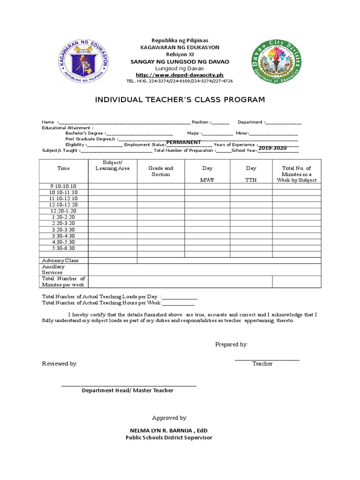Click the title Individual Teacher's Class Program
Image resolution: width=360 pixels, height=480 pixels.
pyautogui.click(x=180, y=99)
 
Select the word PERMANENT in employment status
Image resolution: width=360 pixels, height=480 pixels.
pyautogui.click(x=184, y=142)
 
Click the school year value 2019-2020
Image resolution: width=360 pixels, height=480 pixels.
pyautogui.click(x=272, y=148)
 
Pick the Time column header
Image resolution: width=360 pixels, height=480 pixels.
pyautogui.click(x=63, y=168)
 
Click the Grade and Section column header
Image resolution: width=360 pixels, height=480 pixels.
pyautogui.click(x=161, y=171)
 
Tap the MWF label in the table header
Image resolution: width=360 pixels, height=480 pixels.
pyautogui.click(x=207, y=180)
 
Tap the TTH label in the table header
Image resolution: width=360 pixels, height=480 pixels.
pyautogui.click(x=251, y=180)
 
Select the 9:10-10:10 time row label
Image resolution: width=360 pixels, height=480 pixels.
pyautogui.click(x=63, y=186)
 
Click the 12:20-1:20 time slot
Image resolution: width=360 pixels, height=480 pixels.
pyautogui.click(x=63, y=211)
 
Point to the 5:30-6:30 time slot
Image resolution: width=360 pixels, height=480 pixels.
pyautogui.click(x=63, y=248)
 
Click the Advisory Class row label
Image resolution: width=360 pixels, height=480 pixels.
pyautogui.click(x=60, y=260)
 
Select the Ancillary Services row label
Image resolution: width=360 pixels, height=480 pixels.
pyautogui.click(x=53, y=270)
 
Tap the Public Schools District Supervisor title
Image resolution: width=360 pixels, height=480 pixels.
pyautogui.click(x=168, y=437)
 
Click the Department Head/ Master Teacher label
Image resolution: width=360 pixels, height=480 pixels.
pyautogui.click(x=127, y=390)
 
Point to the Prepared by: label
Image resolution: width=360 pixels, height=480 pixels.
pyautogui.click(x=232, y=344)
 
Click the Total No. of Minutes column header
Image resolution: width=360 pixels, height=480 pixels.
pyautogui.click(x=296, y=174)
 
